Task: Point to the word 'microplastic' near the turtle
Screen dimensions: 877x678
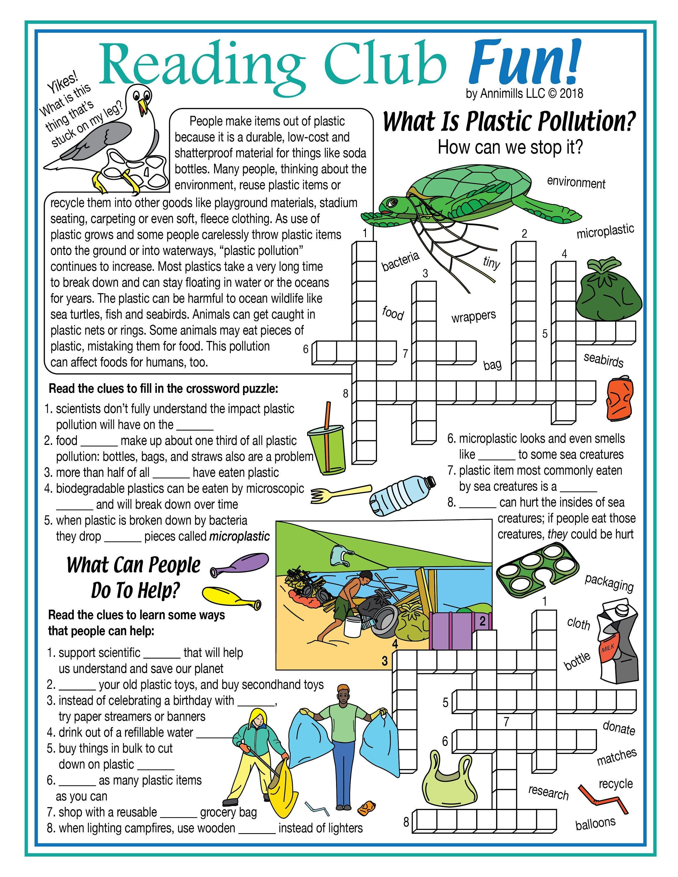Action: click(605, 232)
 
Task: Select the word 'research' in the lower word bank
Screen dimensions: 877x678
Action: click(548, 792)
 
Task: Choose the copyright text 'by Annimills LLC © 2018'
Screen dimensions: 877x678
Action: click(524, 94)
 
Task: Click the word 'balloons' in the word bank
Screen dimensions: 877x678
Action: click(595, 823)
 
